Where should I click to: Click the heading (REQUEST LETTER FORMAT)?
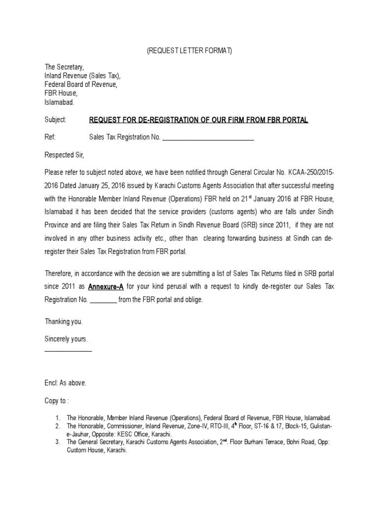pos(189,52)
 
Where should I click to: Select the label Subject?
pos(55,120)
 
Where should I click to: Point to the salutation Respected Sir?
pos(65,155)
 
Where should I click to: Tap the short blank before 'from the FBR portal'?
pos(103,299)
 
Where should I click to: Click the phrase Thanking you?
pos(64,321)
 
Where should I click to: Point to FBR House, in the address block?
pos(61,93)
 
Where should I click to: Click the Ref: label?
pos(50,138)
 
